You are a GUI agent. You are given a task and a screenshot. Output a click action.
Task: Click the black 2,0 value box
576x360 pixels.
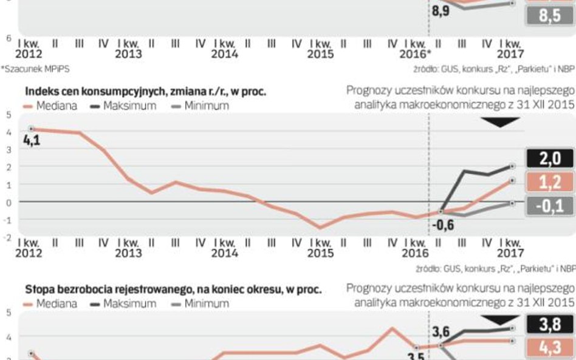click(549, 159)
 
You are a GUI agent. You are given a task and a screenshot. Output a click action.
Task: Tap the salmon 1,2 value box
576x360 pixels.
click(549, 182)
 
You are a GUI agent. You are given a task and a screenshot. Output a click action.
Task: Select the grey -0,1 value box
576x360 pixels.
click(549, 206)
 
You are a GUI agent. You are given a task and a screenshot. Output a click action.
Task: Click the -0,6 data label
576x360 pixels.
click(443, 225)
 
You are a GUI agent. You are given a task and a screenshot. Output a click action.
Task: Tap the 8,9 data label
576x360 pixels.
click(441, 11)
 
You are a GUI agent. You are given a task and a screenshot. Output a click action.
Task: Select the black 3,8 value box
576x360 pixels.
click(549, 325)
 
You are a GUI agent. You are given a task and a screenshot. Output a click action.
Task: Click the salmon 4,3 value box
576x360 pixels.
click(549, 348)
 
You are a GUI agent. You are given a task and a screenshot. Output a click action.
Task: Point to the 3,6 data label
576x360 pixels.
click(441, 331)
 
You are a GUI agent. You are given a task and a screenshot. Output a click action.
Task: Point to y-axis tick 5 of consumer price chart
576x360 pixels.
click(9, 114)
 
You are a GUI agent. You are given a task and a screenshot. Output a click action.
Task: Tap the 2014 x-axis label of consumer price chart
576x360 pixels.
click(224, 253)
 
